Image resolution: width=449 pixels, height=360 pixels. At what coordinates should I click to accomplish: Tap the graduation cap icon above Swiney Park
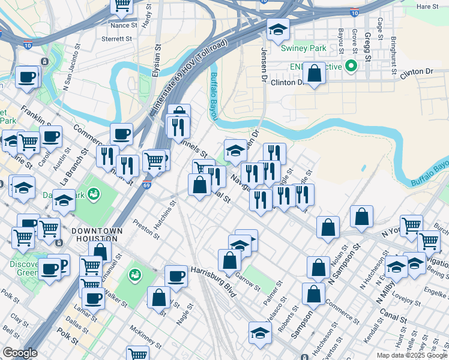click(x=277, y=29)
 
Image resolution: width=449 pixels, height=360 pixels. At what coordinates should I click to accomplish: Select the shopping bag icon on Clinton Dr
click(x=314, y=74)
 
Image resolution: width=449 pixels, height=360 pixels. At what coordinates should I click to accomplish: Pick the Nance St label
click(x=124, y=26)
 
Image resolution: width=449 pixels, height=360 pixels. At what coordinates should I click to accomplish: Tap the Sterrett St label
click(x=116, y=38)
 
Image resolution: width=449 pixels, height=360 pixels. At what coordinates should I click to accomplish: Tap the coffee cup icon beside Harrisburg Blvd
click(x=176, y=275)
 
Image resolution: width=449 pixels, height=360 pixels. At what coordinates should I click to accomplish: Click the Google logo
click(x=19, y=353)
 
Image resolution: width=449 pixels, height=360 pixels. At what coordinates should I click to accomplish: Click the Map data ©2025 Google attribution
click(x=412, y=355)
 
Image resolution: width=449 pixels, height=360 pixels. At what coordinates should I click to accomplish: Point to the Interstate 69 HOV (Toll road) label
click(x=189, y=76)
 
